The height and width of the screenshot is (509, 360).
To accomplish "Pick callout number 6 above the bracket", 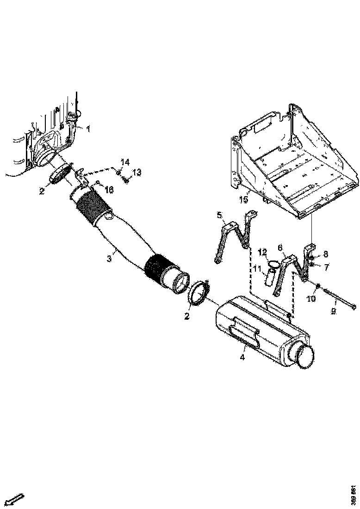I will (x=280, y=248).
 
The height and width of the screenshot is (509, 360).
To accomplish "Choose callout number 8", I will (x=326, y=254).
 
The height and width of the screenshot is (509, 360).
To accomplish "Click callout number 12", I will (x=262, y=252).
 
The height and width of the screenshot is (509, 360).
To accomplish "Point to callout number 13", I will (x=137, y=173).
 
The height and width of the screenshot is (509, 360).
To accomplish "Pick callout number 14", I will (x=125, y=161).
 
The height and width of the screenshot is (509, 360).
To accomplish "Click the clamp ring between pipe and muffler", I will (x=199, y=295).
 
